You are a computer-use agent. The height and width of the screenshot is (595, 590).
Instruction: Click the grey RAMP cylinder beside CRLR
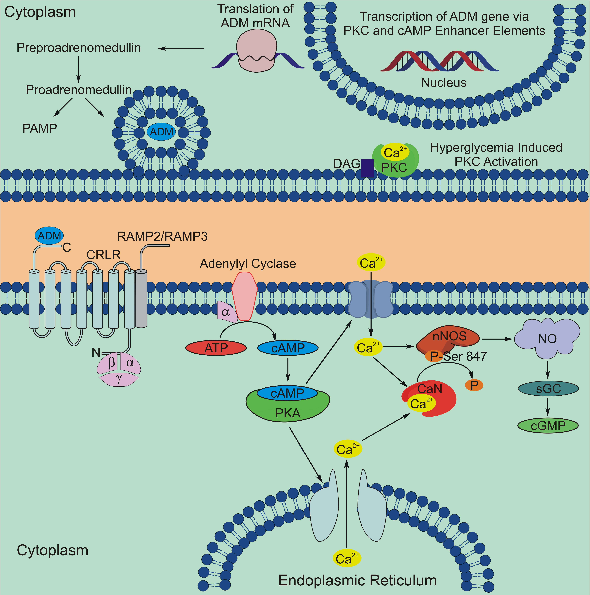coord(141,299)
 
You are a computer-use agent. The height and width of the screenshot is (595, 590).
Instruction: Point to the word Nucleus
coord(444,83)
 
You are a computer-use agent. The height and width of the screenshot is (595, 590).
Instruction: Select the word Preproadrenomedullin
coord(79,48)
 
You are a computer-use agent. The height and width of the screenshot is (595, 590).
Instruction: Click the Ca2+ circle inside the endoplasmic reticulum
coord(347,558)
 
